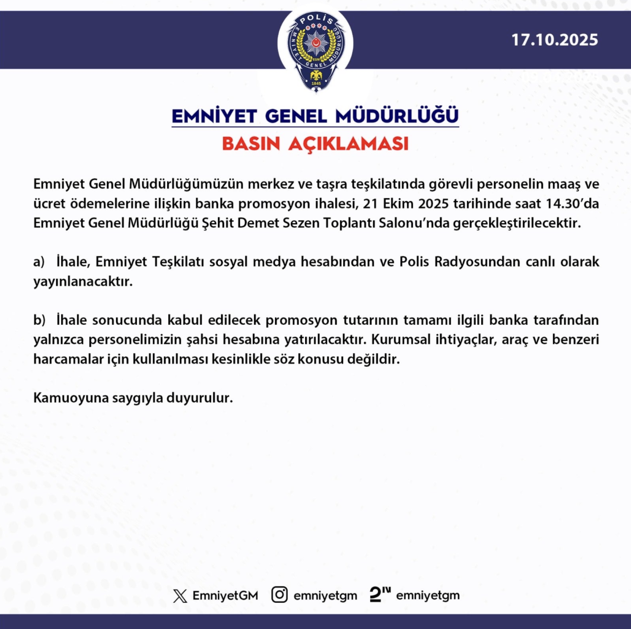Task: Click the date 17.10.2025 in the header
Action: click(555, 40)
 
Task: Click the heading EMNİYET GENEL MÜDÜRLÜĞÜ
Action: click(315, 116)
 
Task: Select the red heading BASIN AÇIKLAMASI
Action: click(315, 144)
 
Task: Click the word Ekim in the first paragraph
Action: click(398, 204)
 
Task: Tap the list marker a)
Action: click(39, 262)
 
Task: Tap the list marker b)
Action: click(39, 320)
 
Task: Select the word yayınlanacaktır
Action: click(83, 282)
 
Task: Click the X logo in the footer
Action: click(180, 595)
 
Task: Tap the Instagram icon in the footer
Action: click(280, 595)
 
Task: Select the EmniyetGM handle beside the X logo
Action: click(225, 595)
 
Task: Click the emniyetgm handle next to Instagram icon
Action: click(325, 595)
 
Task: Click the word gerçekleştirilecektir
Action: click(517, 223)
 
